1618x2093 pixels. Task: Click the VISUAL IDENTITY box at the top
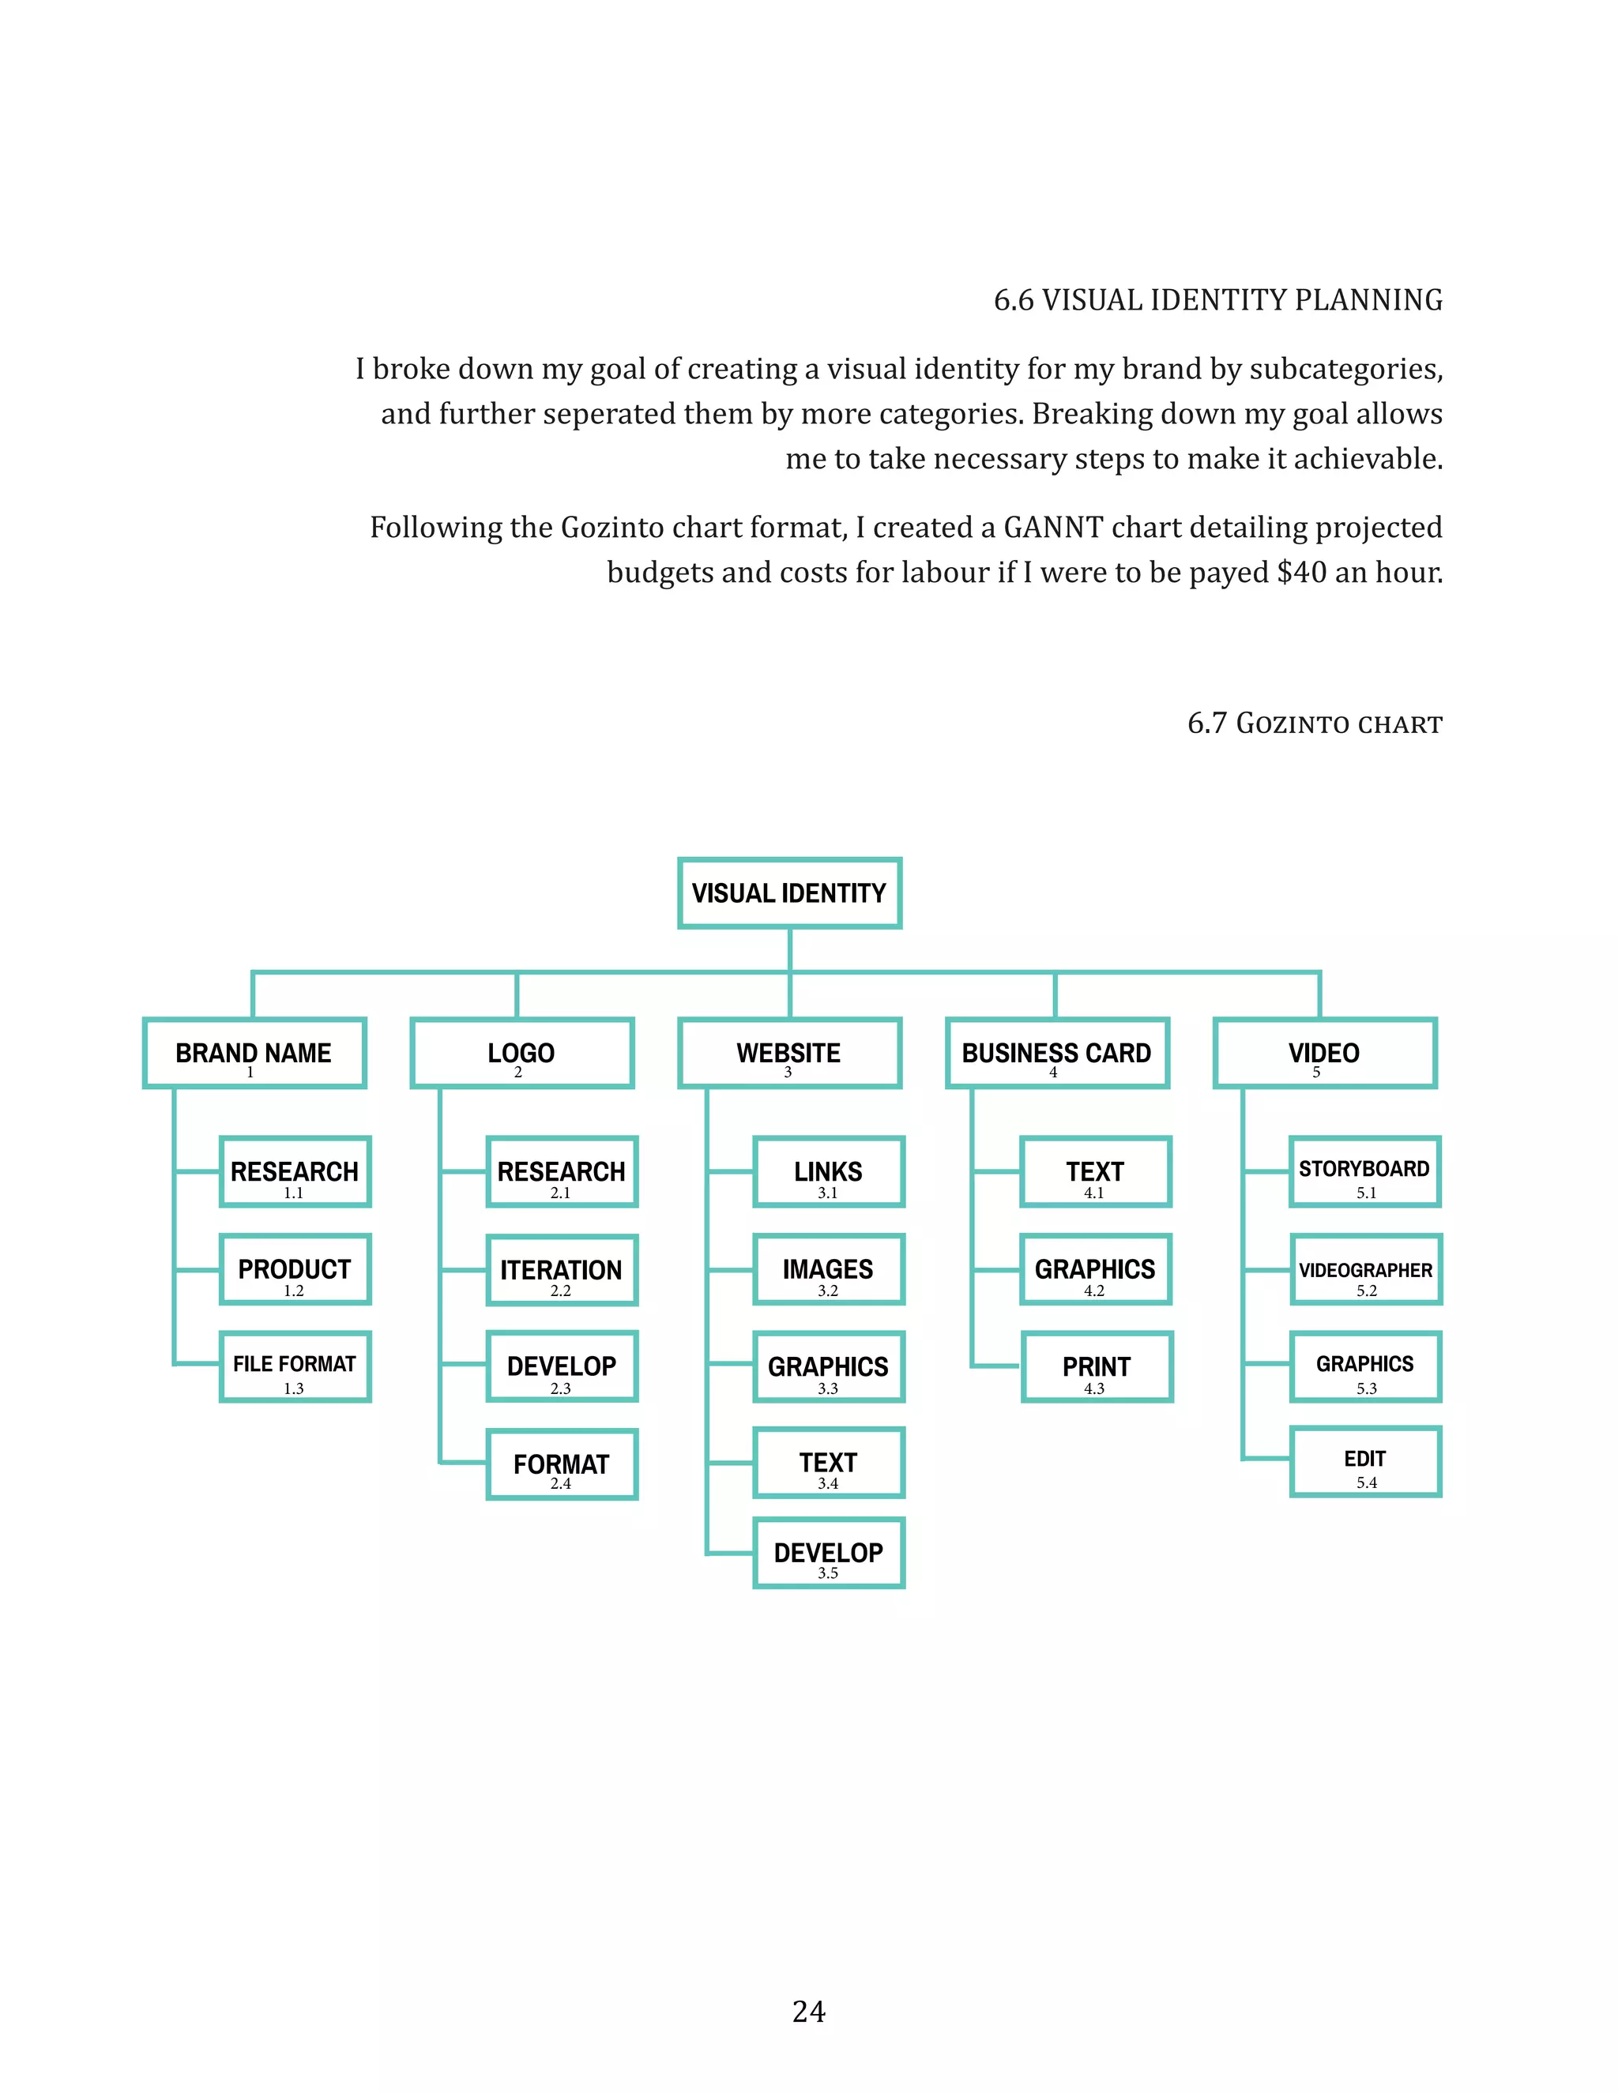coord(789,893)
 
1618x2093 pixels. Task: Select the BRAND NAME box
coord(254,1053)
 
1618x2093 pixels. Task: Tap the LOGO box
coord(521,1053)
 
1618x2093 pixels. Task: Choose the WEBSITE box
coord(789,1053)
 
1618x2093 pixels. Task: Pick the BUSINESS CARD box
coord(1056,1053)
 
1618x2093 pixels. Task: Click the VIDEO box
coord(1324,1053)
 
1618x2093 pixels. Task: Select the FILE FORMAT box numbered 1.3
coord(294,1366)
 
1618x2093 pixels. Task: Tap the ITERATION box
coord(562,1270)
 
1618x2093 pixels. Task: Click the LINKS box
coord(828,1172)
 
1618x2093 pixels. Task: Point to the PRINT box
coord(1096,1366)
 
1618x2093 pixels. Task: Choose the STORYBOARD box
coord(1365,1172)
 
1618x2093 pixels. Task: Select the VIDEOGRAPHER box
coord(1365,1270)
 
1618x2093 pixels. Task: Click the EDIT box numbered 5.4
coord(1365,1461)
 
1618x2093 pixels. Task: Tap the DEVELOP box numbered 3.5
coord(828,1554)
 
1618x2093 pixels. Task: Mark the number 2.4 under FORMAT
coord(561,1483)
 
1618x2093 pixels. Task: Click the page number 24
coord(808,2012)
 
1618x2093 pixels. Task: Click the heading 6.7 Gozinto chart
coord(1314,723)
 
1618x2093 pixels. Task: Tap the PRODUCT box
coord(294,1270)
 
